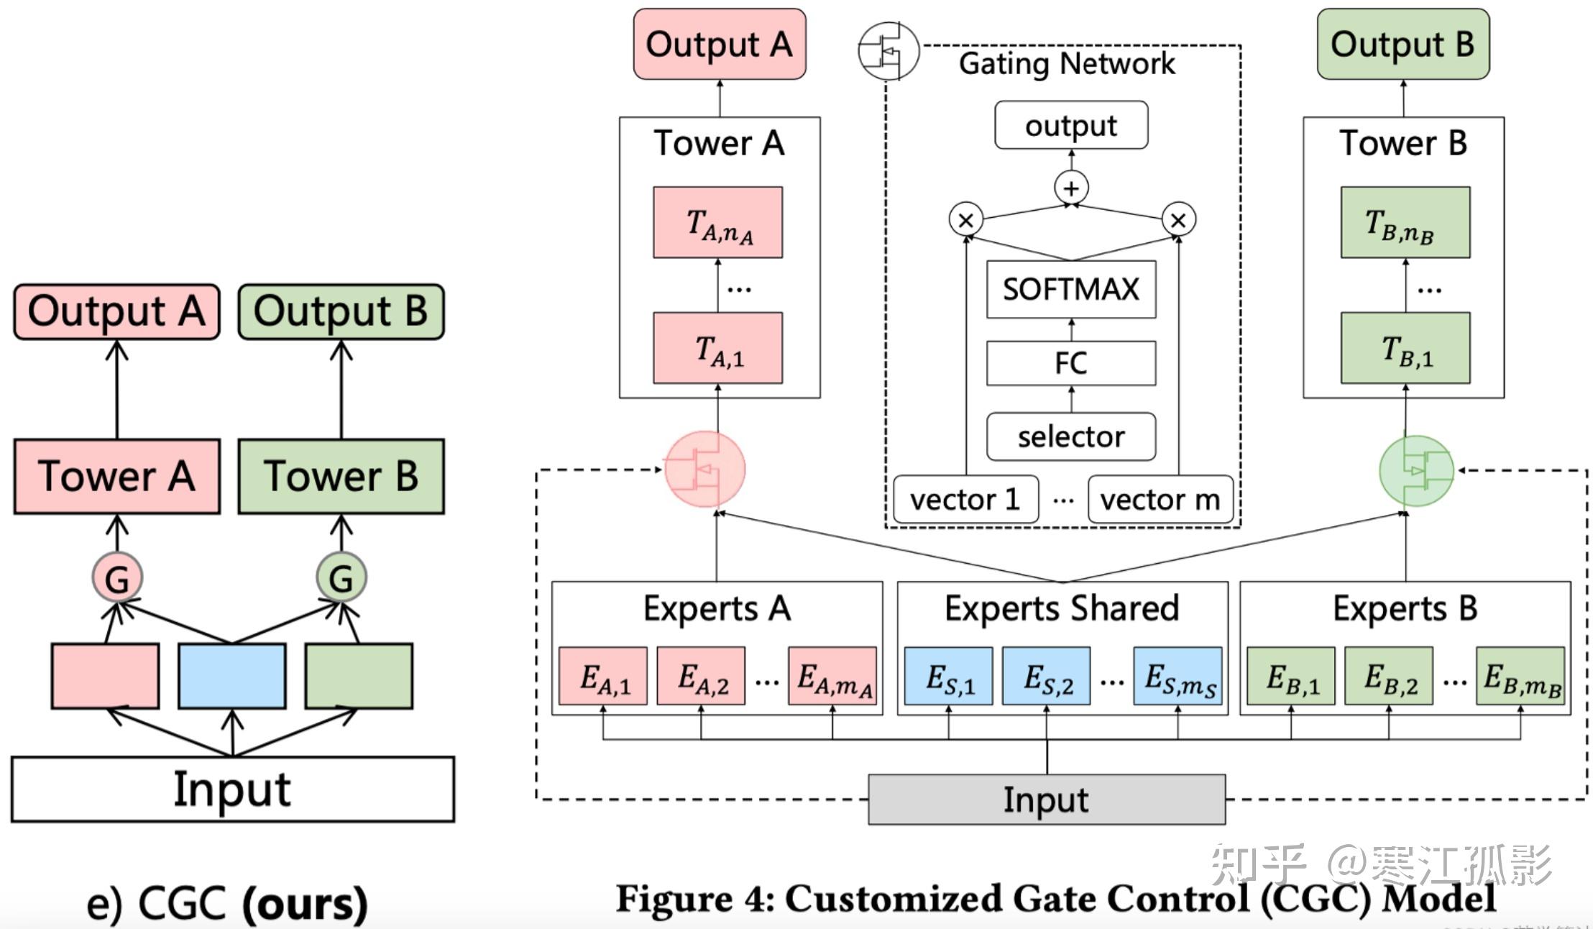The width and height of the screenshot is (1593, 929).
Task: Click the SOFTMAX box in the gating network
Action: (x=1071, y=289)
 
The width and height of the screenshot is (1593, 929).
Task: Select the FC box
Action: (x=1071, y=363)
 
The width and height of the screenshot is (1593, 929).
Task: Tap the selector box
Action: (x=1071, y=436)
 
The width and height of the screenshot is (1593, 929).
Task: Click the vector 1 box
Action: (x=965, y=499)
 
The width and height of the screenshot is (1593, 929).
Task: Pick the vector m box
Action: (x=1160, y=499)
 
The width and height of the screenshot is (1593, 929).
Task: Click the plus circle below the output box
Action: (x=1071, y=188)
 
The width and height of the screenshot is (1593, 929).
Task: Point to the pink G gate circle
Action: (x=117, y=577)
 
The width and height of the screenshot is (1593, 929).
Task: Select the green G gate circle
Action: (x=341, y=577)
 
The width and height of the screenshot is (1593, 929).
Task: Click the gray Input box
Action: (x=1047, y=800)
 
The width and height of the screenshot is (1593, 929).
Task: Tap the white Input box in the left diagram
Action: (x=232, y=790)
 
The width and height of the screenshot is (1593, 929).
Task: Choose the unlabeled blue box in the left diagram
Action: (x=232, y=676)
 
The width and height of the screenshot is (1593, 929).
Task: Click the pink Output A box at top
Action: (x=720, y=44)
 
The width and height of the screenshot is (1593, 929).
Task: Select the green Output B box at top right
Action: (x=1403, y=44)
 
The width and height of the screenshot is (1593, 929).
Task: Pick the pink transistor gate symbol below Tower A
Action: (x=704, y=470)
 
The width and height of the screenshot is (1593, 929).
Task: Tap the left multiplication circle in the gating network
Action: (x=966, y=220)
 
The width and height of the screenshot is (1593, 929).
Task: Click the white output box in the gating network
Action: (x=1071, y=125)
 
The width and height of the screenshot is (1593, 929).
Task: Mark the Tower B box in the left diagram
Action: (x=341, y=476)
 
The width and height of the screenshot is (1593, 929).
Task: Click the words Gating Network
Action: (x=1067, y=63)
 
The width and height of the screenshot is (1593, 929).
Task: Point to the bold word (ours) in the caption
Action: (x=305, y=904)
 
